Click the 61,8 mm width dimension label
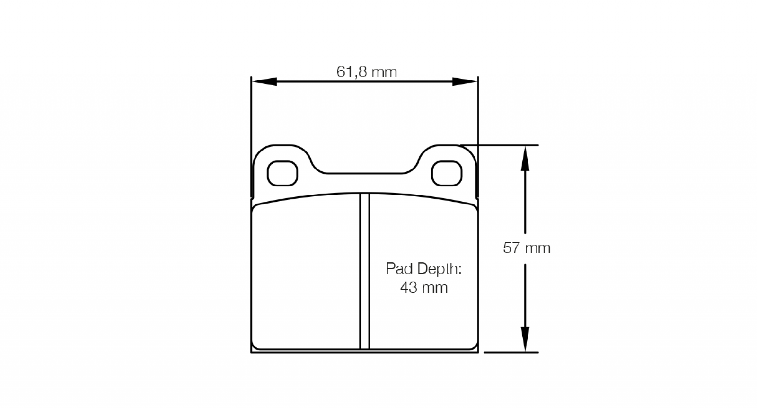tap(366, 71)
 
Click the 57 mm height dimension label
tap(527, 248)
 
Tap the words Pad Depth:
tap(424, 269)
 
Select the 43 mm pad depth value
tap(424, 287)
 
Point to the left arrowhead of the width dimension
tap(264, 81)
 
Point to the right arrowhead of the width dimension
tap(465, 81)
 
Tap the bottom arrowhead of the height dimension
tap(525, 339)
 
